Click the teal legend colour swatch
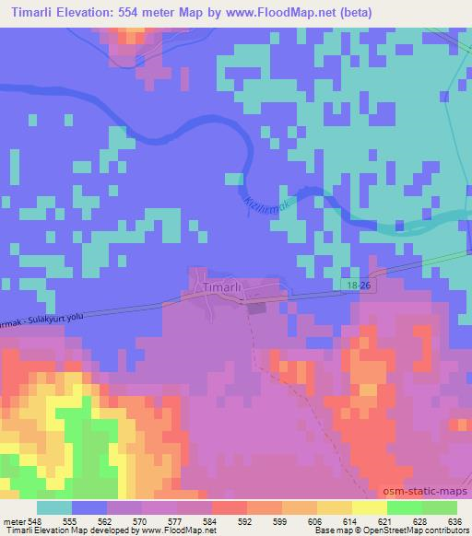[54, 507]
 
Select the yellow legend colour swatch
[369, 507]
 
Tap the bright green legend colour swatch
[404, 507]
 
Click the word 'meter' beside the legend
[12, 520]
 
